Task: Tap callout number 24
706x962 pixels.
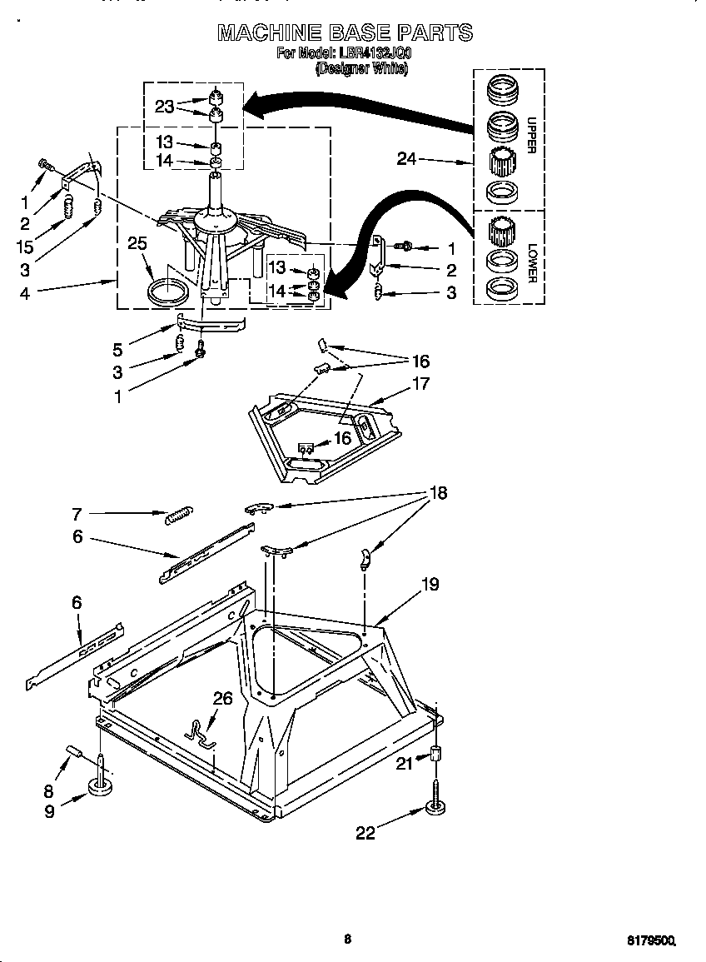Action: (406, 158)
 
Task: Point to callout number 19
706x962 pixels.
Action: (430, 584)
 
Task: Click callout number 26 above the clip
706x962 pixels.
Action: (221, 700)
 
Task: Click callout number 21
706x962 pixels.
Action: (405, 762)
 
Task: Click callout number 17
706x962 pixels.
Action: (421, 384)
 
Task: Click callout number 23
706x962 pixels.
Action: (164, 106)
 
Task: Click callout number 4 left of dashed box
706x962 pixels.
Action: (25, 293)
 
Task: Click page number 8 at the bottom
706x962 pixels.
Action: (347, 939)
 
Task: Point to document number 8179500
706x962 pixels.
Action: (649, 940)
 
